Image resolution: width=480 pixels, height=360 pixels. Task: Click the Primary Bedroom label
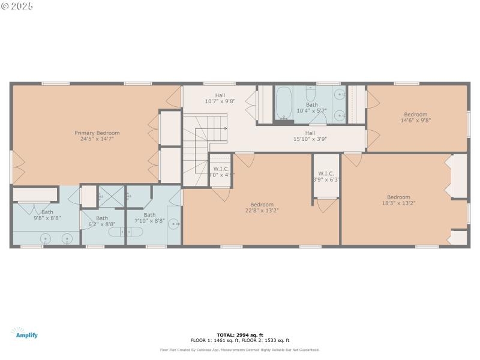[x=97, y=133]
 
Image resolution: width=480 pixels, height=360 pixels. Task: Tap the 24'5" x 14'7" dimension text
[x=97, y=139]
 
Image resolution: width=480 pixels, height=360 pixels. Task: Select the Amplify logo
[x=24, y=334]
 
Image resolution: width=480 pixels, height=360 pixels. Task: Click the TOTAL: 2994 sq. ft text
[x=239, y=335]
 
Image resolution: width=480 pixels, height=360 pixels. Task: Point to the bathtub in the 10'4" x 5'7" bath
[x=283, y=103]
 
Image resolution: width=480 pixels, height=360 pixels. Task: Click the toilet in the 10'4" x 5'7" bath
[x=310, y=94]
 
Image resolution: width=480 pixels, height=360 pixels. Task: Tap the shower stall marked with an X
[x=110, y=195]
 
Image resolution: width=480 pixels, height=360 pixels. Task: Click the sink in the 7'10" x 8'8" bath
[x=175, y=224]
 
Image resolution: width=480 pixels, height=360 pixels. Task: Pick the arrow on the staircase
[x=224, y=128]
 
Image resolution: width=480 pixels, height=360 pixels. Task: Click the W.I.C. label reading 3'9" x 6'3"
[x=326, y=176]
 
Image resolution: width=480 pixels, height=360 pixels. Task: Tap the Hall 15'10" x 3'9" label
[x=310, y=136]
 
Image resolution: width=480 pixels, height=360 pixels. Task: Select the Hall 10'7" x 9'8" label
[x=220, y=98]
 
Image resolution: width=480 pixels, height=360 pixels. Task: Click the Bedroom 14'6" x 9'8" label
[x=415, y=117]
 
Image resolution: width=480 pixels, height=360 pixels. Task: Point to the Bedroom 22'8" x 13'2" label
[x=262, y=207]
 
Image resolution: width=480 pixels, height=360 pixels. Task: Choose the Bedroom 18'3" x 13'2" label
[x=398, y=200]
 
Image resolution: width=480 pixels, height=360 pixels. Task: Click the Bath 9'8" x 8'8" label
[x=47, y=215]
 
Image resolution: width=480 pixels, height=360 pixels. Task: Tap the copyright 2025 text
[x=17, y=6]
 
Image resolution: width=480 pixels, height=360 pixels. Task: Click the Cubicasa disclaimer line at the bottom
[x=239, y=350]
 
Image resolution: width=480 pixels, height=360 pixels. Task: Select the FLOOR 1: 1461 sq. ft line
[x=239, y=340]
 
